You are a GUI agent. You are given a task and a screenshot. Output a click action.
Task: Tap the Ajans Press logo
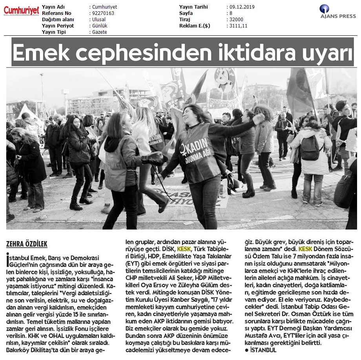pyautogui.click(x=337, y=12)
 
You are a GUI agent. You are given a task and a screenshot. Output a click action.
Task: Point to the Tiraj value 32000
pyautogui.click(x=236, y=20)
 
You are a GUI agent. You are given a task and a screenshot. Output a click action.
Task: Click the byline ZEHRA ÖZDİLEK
pyautogui.click(x=27, y=244)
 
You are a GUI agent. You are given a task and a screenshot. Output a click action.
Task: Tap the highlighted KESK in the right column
pyautogui.click(x=306, y=249)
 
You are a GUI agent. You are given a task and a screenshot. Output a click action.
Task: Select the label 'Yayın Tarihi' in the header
pyautogui.click(x=193, y=7)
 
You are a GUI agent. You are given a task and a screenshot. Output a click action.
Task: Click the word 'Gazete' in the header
pyautogui.click(x=100, y=32)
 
